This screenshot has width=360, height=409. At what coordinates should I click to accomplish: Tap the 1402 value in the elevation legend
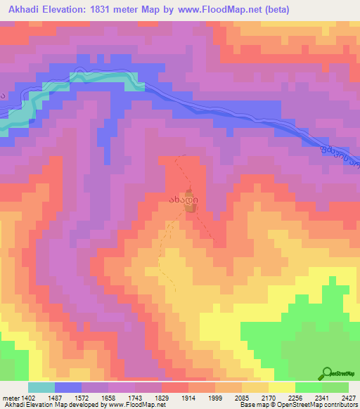click(20, 398)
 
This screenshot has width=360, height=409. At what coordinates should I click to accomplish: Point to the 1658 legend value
click(108, 398)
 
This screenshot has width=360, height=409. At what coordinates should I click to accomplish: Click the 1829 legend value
click(162, 398)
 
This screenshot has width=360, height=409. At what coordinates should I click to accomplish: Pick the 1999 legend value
click(215, 398)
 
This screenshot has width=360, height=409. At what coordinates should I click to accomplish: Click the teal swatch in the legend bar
click(41, 387)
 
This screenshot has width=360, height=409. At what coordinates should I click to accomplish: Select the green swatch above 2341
click(309, 387)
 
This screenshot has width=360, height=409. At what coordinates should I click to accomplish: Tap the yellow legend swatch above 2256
click(282, 387)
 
